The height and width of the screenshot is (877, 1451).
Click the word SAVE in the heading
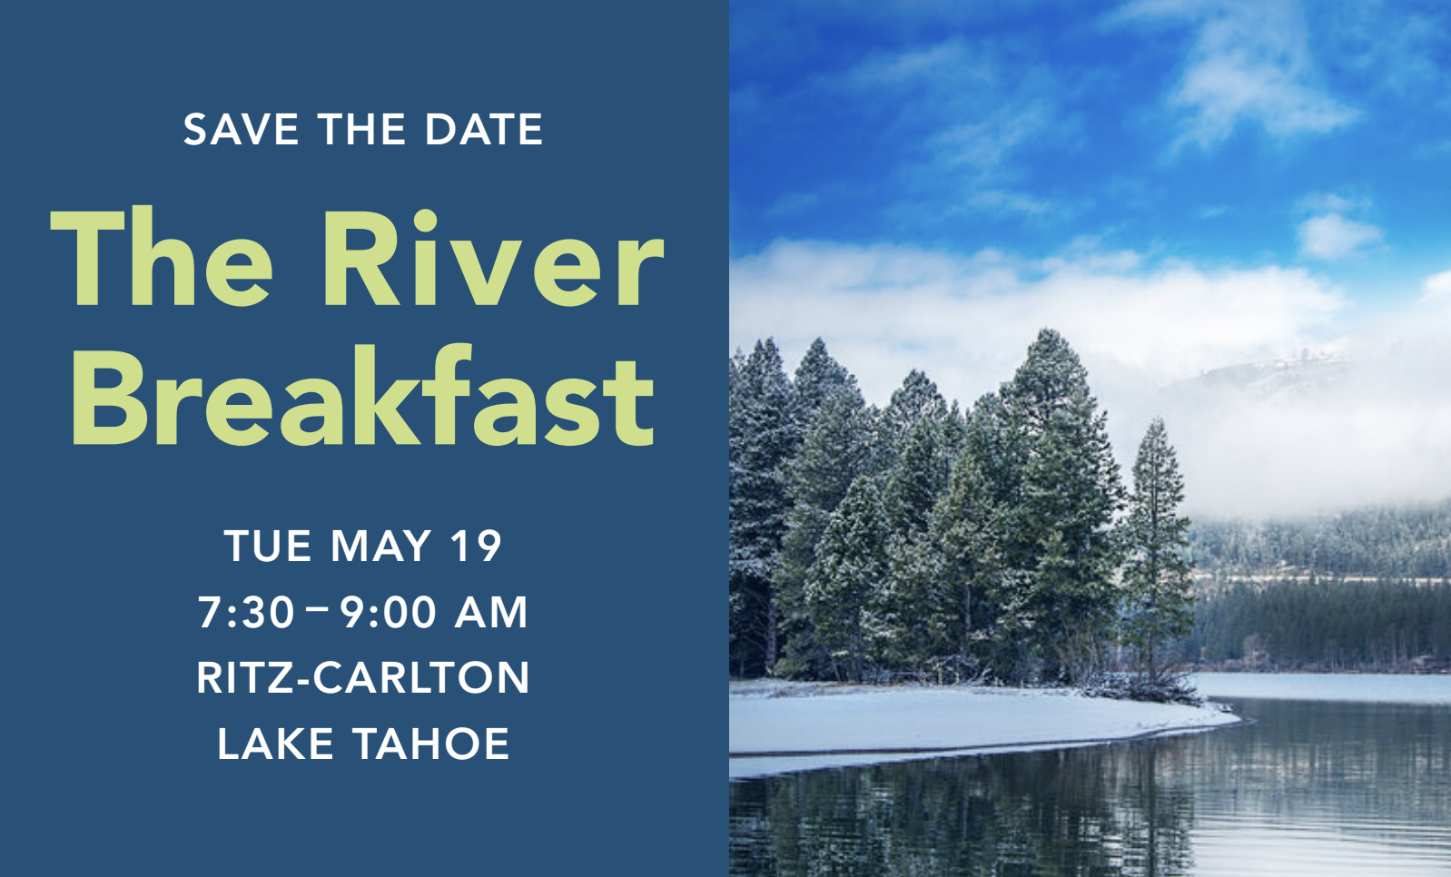(241, 129)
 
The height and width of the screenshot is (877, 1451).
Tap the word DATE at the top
(484, 129)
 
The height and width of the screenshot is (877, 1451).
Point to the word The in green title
(162, 257)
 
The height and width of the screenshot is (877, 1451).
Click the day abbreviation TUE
(268, 546)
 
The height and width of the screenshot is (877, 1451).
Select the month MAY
(381, 546)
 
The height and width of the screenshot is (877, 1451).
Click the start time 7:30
(245, 611)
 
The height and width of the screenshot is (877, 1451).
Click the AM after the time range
(491, 611)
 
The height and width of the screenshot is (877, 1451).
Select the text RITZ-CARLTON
(363, 677)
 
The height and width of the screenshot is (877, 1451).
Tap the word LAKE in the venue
(274, 744)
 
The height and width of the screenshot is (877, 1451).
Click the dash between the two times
(318, 609)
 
